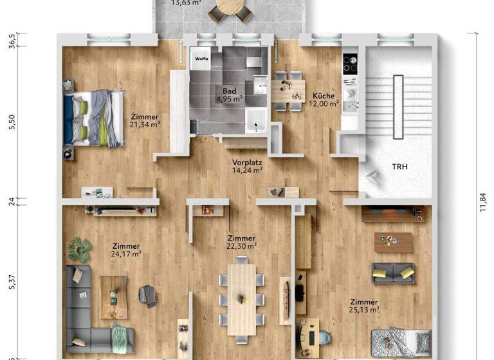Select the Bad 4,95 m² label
tap(228, 95)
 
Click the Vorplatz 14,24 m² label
tap(247, 166)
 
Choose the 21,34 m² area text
tap(145, 124)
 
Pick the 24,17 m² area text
tap(126, 253)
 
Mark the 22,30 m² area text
tap(242, 245)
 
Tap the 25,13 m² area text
tap(363, 310)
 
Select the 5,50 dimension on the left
tap(10, 123)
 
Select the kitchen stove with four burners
tap(351, 64)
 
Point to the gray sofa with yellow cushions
tap(392, 273)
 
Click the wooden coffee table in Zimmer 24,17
tap(113, 297)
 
